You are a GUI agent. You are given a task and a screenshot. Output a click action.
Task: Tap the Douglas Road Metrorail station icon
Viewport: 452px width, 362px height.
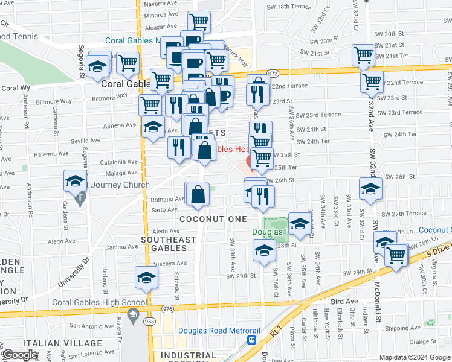pos(251,340)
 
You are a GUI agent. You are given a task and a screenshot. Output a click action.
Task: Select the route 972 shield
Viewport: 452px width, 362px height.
pos(273,73)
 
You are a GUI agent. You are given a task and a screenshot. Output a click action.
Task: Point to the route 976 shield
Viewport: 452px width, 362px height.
pos(167,309)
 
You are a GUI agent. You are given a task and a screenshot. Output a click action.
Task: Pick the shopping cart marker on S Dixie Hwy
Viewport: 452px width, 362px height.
pos(396,255)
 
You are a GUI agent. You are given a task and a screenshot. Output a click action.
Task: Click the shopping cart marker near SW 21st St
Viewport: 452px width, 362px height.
pos(364,55)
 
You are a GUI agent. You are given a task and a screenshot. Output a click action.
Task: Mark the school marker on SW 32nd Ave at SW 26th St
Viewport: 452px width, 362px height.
pos(370,188)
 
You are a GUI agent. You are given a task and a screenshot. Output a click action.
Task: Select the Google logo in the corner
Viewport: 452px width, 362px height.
pos(21,355)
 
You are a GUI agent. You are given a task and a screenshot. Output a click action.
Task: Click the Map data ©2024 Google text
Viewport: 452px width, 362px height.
pos(414,357)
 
